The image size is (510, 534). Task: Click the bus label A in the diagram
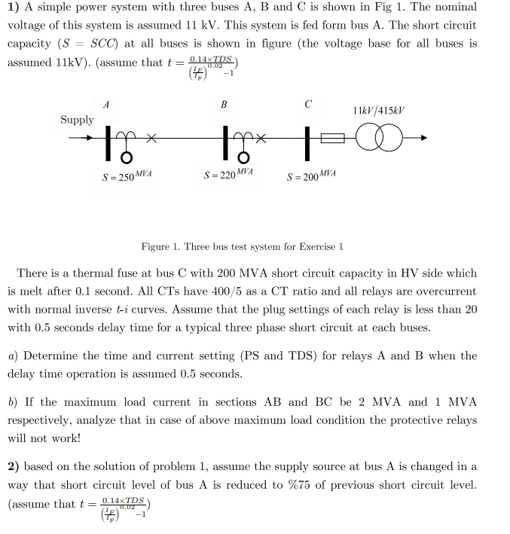coord(106,104)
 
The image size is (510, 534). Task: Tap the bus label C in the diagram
coord(307,104)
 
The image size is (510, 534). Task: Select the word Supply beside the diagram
coord(77,120)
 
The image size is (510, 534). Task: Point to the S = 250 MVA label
coord(127,175)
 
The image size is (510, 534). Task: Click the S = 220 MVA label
coord(228,174)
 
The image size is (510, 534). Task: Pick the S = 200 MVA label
coord(311,176)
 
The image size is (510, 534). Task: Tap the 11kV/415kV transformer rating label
coord(378,111)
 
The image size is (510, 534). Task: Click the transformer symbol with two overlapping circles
coord(379,139)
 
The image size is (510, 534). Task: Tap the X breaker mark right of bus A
coord(151,138)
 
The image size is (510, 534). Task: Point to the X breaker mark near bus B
coord(262,138)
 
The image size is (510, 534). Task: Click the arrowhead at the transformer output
coord(424,139)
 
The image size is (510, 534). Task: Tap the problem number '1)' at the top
coord(13,8)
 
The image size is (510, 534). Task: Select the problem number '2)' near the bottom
coord(14,466)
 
